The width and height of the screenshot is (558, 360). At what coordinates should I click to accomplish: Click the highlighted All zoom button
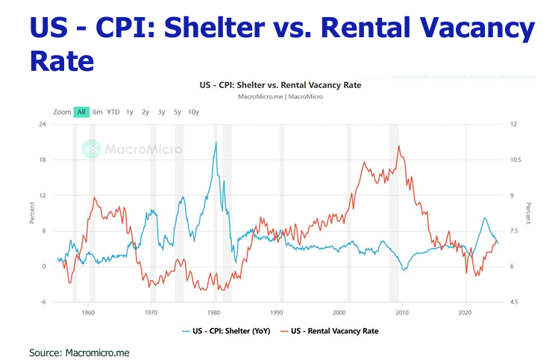click(81, 112)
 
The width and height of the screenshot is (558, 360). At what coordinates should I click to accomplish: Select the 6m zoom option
click(98, 112)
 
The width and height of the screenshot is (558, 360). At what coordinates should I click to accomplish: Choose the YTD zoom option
click(113, 112)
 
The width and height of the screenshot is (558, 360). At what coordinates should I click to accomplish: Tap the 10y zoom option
click(193, 112)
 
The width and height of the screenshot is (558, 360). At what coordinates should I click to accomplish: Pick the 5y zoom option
click(177, 112)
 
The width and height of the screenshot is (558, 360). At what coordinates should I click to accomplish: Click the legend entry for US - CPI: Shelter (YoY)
click(225, 330)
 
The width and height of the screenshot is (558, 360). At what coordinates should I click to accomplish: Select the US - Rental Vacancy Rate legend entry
click(328, 330)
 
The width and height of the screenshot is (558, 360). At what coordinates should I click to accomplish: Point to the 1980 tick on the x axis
click(214, 314)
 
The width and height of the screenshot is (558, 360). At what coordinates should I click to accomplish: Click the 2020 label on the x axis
click(465, 314)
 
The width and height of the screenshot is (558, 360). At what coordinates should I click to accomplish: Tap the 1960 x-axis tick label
click(88, 314)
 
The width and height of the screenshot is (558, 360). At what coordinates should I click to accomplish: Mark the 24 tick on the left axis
click(43, 124)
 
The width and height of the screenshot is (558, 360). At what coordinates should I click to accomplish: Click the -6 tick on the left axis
click(43, 302)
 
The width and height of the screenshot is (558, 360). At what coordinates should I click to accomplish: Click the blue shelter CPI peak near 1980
click(216, 142)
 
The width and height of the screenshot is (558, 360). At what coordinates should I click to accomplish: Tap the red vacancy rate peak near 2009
click(399, 146)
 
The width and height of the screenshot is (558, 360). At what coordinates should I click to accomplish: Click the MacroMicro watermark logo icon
click(91, 148)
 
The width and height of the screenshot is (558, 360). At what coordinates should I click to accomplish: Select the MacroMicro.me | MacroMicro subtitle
click(279, 97)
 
